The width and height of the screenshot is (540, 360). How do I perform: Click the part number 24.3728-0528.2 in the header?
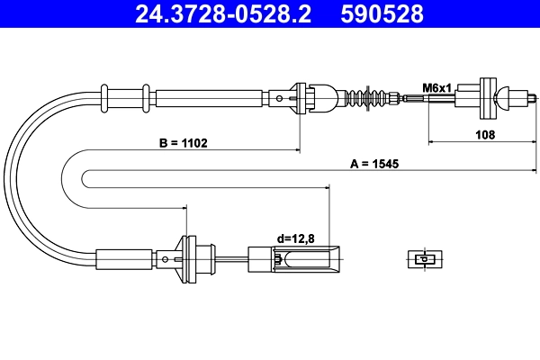tap(214, 13)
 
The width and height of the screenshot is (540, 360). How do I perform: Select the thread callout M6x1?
tap(436, 86)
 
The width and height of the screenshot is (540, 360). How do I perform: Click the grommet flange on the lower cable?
tap(188, 256)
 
